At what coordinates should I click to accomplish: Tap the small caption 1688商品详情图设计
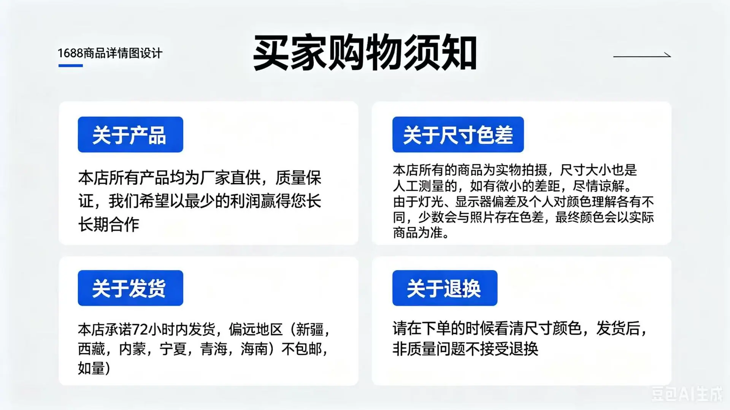click(110, 53)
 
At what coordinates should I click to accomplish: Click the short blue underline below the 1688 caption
click(71, 66)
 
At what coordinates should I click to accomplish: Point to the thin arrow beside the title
click(642, 55)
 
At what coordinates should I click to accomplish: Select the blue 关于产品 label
click(130, 135)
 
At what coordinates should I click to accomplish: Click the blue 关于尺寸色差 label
click(458, 135)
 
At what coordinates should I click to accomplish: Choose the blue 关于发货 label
click(130, 288)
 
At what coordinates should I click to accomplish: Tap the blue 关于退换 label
click(445, 288)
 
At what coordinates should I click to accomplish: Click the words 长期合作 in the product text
click(109, 225)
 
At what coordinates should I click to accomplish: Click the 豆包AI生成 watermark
click(687, 394)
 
